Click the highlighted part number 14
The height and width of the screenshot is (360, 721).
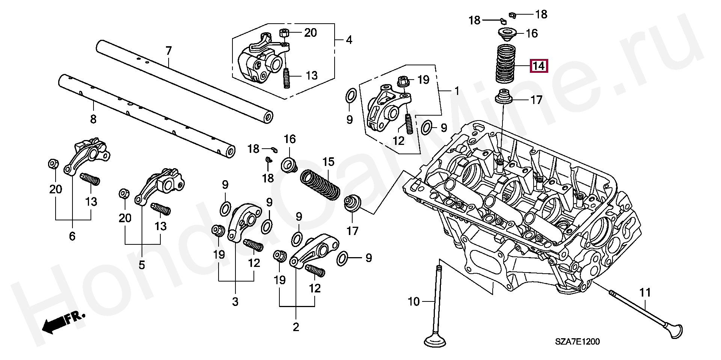(x=539, y=66)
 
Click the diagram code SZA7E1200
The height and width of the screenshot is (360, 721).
(x=578, y=342)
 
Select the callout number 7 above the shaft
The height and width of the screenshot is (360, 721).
(x=169, y=51)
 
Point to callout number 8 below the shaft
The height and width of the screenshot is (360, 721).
(x=93, y=119)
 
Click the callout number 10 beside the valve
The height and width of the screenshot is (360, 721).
(x=413, y=301)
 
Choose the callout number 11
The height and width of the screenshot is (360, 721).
(x=645, y=292)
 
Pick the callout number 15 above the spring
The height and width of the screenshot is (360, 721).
(x=328, y=162)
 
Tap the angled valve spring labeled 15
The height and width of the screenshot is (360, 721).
(x=320, y=185)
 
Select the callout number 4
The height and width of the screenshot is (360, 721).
(x=349, y=39)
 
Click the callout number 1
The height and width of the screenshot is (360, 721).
(x=457, y=91)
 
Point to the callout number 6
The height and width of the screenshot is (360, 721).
(x=72, y=236)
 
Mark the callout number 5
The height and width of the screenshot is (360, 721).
(x=142, y=265)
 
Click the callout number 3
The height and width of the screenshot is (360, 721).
(x=235, y=301)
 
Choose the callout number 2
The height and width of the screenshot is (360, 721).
(x=296, y=327)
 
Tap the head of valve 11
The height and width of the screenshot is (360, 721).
(x=673, y=331)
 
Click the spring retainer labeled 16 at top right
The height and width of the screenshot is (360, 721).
(x=508, y=34)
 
